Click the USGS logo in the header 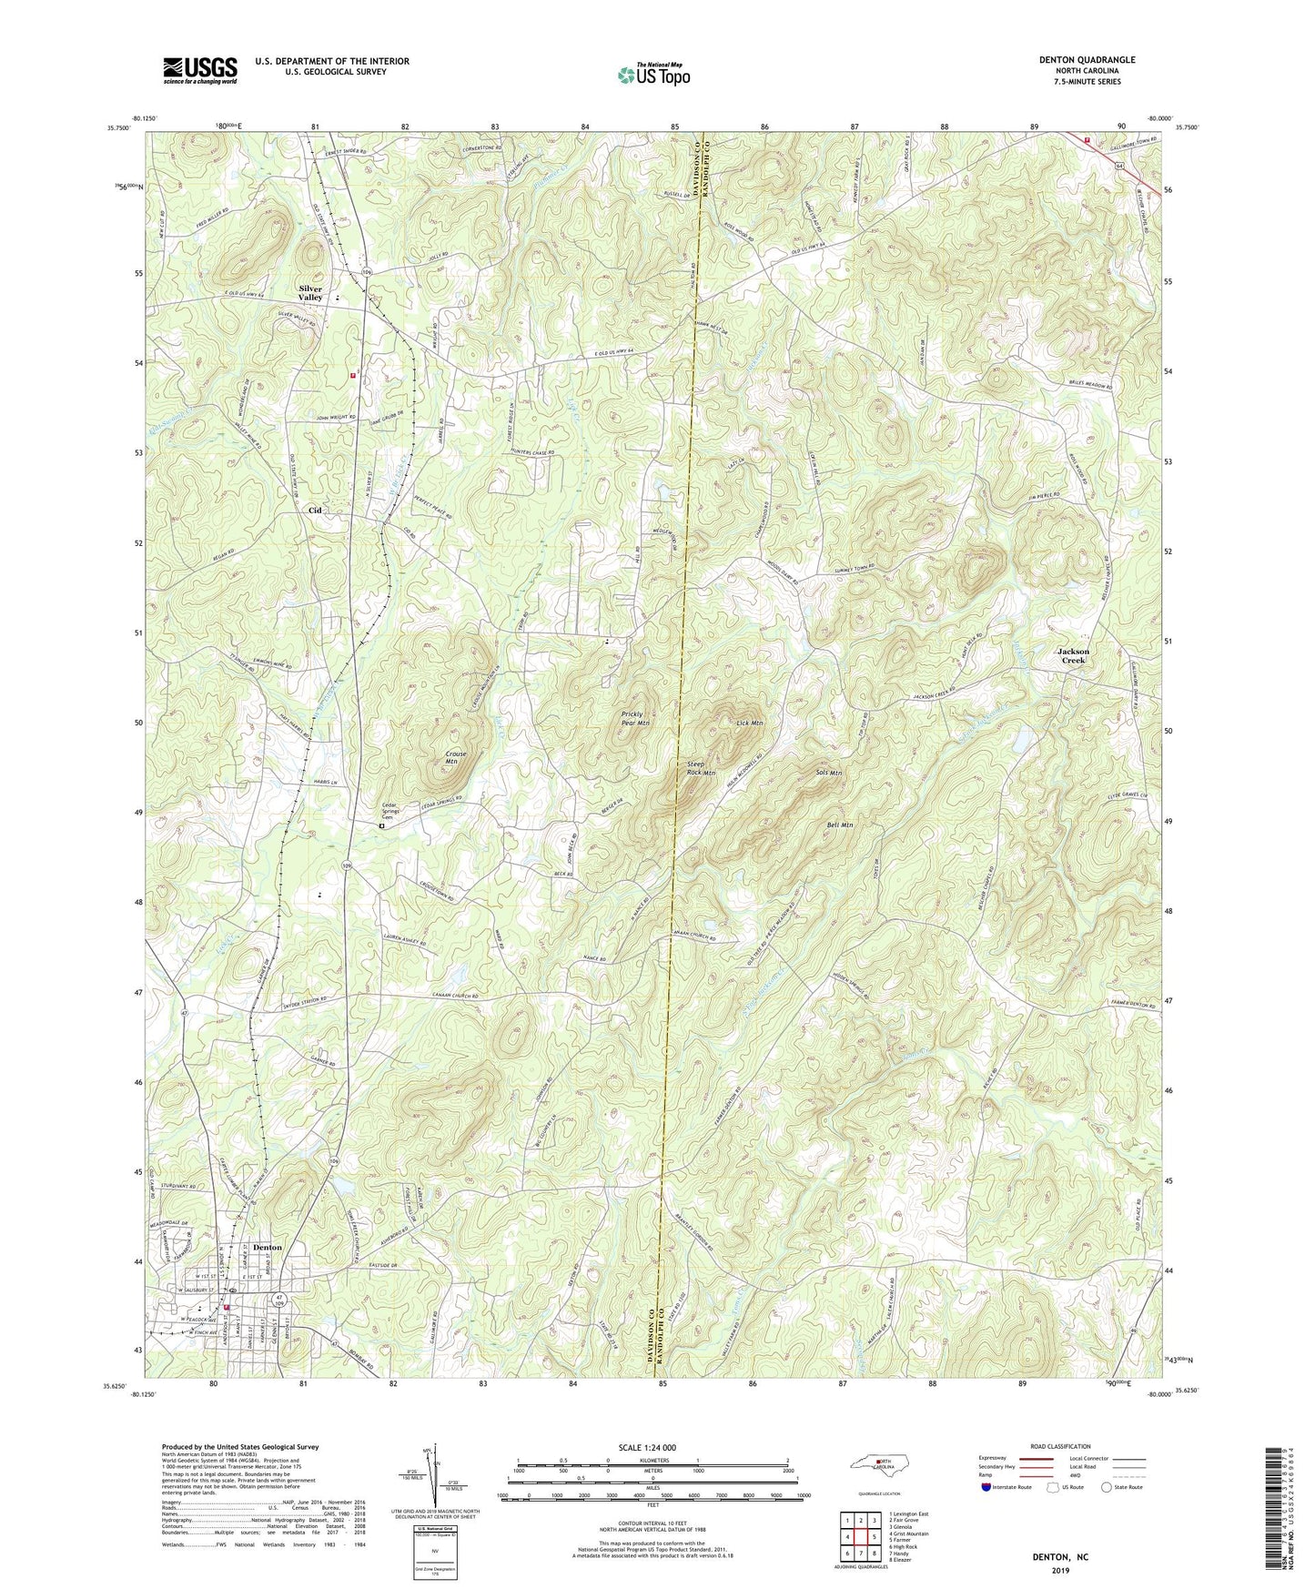click(x=199, y=69)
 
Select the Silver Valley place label click(x=311, y=292)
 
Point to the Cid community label click(x=315, y=511)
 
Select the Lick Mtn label click(x=749, y=723)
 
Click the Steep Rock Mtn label click(x=701, y=768)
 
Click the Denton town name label click(x=268, y=1247)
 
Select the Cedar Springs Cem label click(x=396, y=813)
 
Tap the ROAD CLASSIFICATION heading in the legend click(x=1061, y=1446)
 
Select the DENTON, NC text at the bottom click(x=1059, y=1557)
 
